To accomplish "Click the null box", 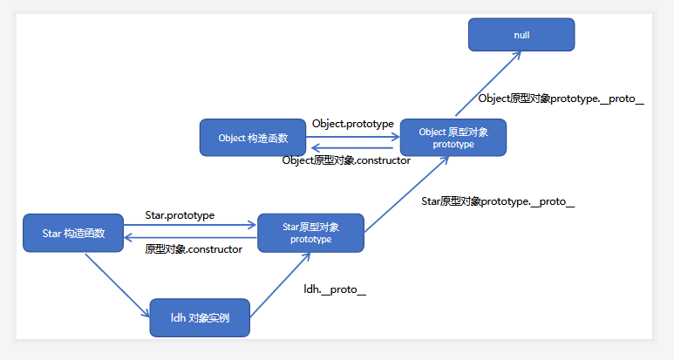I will point(521,35).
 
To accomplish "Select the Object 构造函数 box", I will point(253,138).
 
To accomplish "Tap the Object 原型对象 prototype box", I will point(453,138).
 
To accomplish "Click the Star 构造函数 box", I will point(73,233).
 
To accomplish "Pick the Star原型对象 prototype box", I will point(310,233).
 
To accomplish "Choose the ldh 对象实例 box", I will point(200,318).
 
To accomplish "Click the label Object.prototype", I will point(352,124).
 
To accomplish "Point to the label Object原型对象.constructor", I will point(346,160).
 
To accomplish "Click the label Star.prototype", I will point(180,214).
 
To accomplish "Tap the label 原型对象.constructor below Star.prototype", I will point(193,248).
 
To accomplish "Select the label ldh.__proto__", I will point(334,289).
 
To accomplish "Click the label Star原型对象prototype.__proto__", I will point(498,201).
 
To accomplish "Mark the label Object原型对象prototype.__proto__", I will point(561,98).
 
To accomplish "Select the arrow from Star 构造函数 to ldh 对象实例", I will point(118,283).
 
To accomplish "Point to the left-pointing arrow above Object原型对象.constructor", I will point(352,148).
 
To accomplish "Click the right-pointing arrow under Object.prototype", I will point(352,135).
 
